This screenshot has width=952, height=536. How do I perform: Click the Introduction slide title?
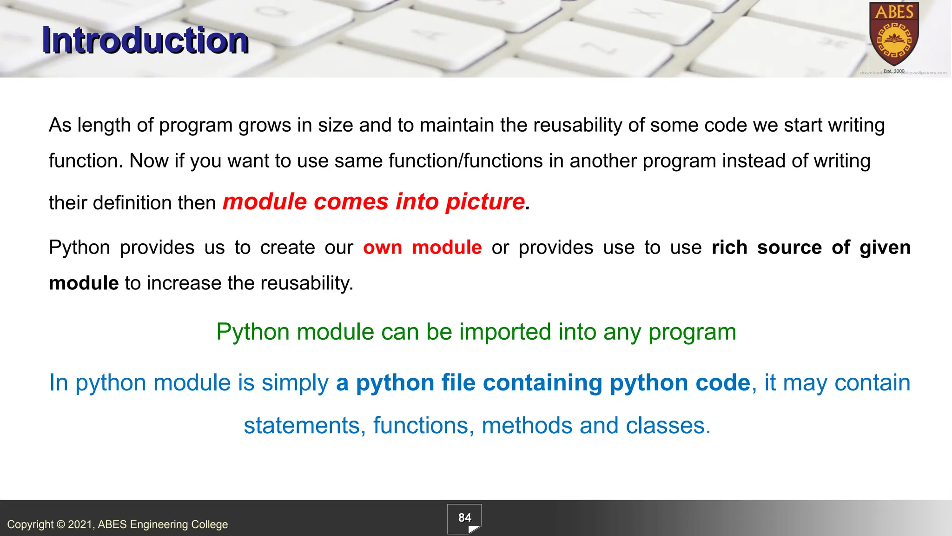(x=145, y=41)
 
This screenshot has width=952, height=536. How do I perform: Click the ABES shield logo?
(x=894, y=35)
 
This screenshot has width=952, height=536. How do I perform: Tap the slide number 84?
(x=464, y=518)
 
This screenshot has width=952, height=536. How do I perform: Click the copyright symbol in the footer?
(x=61, y=524)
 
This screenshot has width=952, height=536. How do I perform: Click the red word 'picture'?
(x=485, y=202)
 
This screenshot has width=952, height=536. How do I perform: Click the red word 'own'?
(x=382, y=248)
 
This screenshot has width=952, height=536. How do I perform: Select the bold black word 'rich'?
(x=729, y=248)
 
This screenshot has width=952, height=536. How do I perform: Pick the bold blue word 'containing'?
(x=542, y=383)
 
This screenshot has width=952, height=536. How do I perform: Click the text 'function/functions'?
(x=465, y=161)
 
